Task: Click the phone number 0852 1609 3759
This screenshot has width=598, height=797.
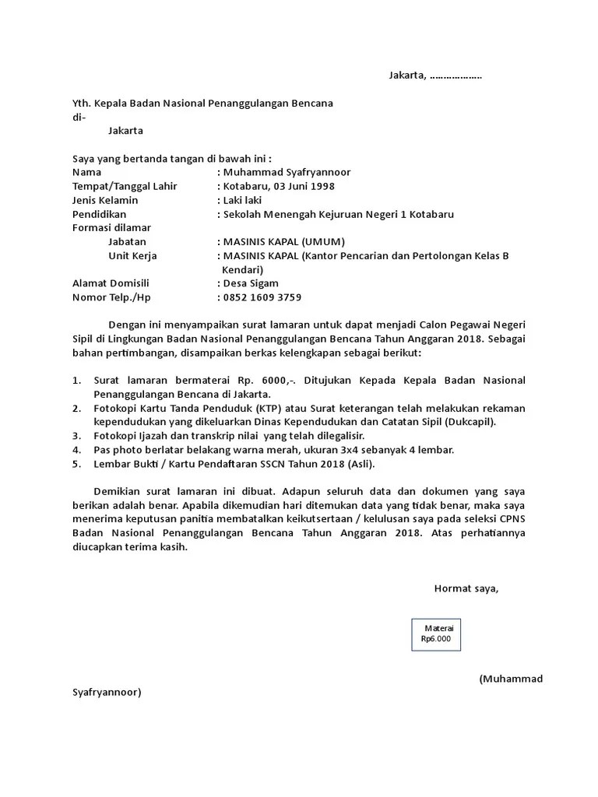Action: click(x=262, y=297)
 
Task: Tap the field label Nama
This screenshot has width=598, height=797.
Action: click(x=86, y=172)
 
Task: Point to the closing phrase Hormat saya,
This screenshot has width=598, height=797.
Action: click(x=466, y=588)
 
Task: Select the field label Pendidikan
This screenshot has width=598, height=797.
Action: click(x=99, y=214)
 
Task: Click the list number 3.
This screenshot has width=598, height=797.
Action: click(x=76, y=436)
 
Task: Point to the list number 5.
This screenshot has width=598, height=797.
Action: click(x=76, y=464)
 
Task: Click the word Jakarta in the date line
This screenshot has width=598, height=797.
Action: click(x=407, y=75)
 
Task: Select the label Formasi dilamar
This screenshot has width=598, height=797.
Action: click(x=111, y=228)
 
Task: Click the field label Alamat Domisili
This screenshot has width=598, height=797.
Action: click(x=111, y=283)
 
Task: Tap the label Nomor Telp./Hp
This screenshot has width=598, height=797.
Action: click(x=111, y=297)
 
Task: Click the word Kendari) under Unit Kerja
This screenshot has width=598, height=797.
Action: click(x=244, y=269)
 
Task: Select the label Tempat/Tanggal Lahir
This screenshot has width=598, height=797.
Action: click(x=125, y=186)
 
